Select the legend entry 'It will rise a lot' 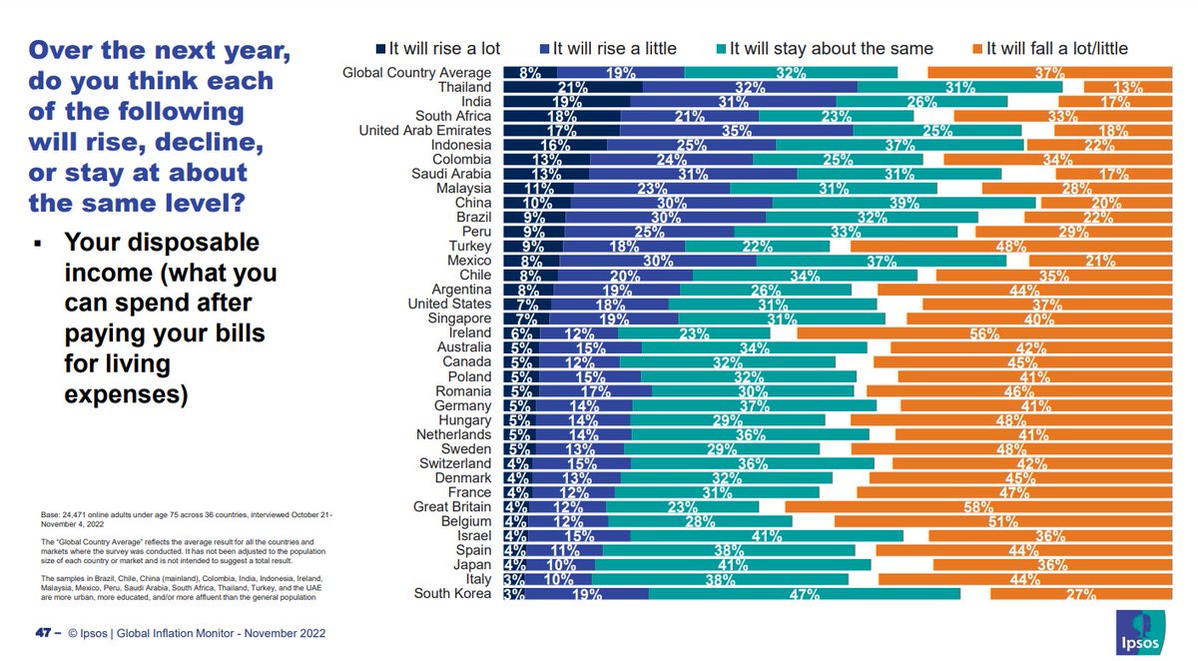[438, 48]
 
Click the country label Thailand [464, 87]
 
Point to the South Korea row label [453, 594]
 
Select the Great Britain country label [454, 507]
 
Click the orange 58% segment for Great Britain [978, 507]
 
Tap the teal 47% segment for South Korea [805, 594]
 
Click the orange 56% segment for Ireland [984, 333]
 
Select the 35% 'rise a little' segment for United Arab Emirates [737, 131]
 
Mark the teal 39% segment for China [904, 203]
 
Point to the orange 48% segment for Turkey [1011, 247]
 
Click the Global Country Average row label [417, 73]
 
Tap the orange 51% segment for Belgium [1003, 521]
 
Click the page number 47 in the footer [42, 633]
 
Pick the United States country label [450, 305]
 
